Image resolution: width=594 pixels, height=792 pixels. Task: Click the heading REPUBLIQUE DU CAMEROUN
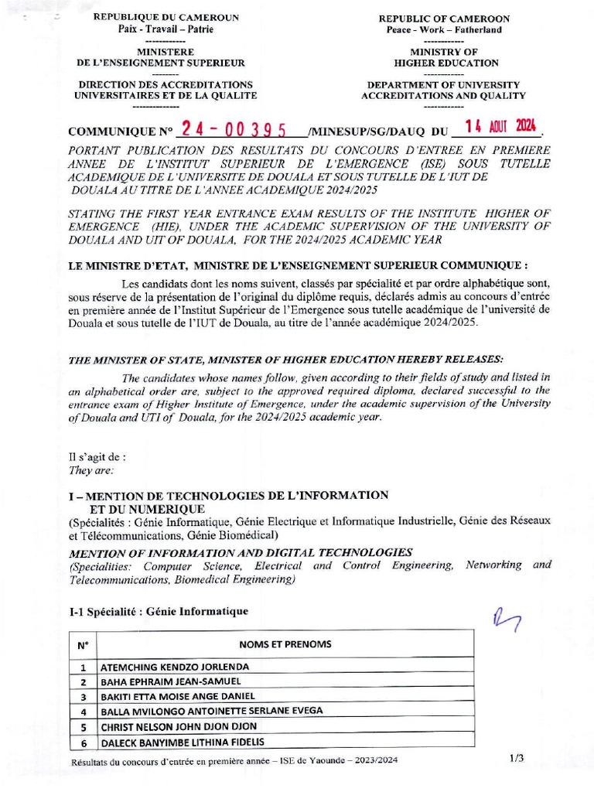[166, 18]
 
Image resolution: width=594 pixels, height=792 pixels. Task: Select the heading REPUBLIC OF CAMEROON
[444, 19]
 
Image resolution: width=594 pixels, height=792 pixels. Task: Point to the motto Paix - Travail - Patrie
[166, 29]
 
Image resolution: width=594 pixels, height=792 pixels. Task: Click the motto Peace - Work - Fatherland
[444, 30]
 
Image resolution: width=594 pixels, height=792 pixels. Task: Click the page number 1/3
[517, 759]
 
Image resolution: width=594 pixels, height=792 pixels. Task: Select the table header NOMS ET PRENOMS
[285, 644]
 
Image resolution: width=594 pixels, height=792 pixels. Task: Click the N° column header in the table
[83, 645]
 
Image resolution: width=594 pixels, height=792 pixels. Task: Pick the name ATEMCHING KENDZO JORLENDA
[176, 667]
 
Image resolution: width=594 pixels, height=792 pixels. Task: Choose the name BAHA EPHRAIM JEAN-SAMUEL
[171, 681]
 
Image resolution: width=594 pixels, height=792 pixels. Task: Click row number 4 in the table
[83, 712]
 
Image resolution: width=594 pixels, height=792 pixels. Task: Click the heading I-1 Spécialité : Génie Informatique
[159, 612]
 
